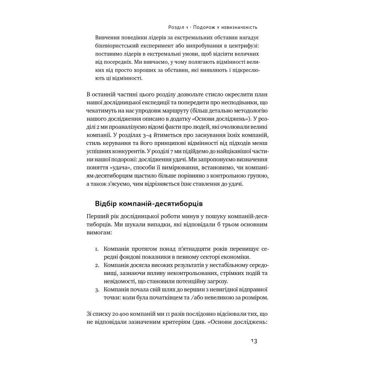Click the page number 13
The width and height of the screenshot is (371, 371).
(254, 341)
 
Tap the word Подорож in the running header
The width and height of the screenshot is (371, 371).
(205, 27)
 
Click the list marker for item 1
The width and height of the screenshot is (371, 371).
(97, 249)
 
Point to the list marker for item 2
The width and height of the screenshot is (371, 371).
(97, 265)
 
